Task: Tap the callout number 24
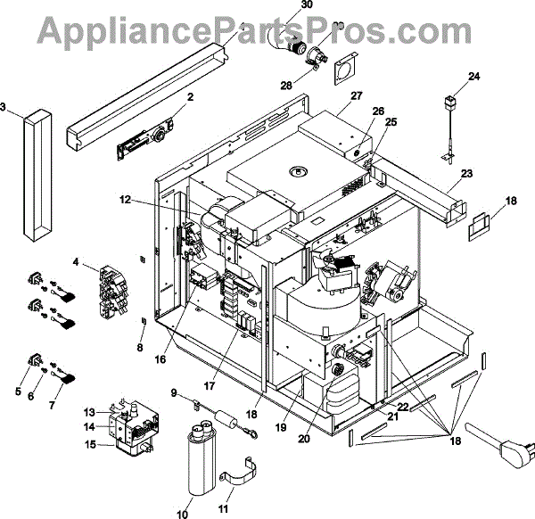473,77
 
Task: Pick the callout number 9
176,392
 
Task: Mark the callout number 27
357,95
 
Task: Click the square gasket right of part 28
343,71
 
